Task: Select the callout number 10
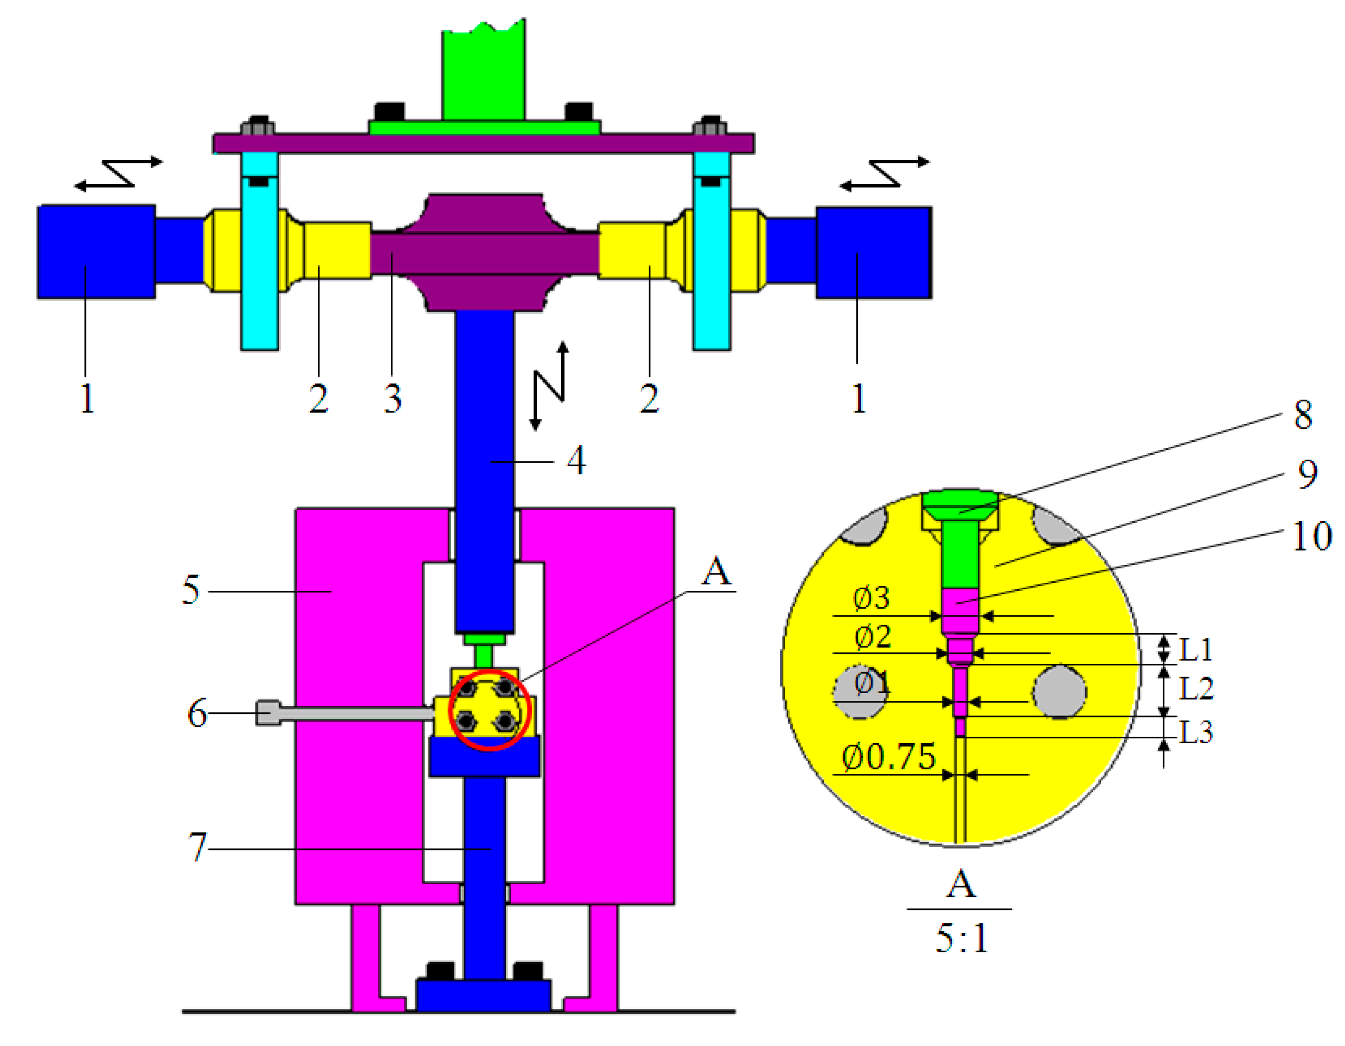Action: (x=1312, y=536)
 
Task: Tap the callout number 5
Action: (x=191, y=590)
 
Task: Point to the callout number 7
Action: (x=198, y=846)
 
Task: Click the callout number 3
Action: (x=393, y=398)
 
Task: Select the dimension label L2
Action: (x=1196, y=688)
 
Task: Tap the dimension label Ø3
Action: (x=871, y=598)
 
